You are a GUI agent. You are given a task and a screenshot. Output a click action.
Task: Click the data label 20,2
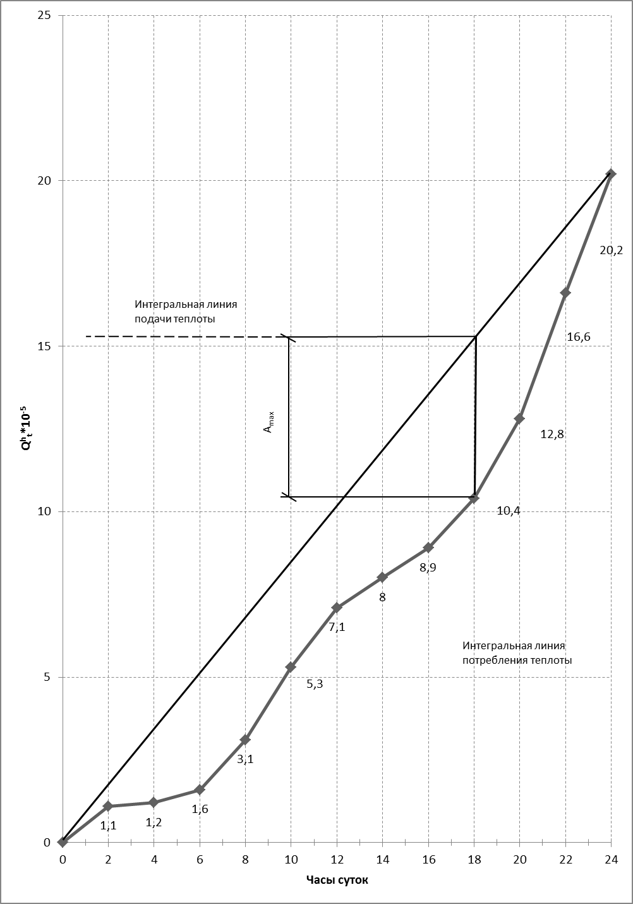click(611, 250)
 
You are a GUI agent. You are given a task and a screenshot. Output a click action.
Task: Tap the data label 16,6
click(578, 337)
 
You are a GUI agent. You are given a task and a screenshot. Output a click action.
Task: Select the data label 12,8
click(552, 434)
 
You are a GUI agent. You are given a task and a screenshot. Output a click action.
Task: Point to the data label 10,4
click(509, 511)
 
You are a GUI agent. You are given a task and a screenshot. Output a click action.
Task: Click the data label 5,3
click(315, 683)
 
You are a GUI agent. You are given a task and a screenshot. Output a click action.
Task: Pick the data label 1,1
click(109, 825)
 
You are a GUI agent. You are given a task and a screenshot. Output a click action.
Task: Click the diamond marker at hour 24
click(611, 173)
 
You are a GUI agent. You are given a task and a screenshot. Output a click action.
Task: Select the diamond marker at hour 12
click(337, 608)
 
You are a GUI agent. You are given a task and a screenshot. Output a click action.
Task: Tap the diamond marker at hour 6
click(200, 790)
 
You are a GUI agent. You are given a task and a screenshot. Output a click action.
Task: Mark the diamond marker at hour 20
click(519, 418)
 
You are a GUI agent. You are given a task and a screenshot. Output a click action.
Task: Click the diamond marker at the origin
click(63, 842)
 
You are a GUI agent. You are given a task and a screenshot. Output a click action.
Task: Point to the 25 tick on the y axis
click(44, 15)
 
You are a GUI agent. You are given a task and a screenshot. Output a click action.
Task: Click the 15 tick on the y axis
click(44, 346)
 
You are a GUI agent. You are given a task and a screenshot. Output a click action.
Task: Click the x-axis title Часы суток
click(337, 880)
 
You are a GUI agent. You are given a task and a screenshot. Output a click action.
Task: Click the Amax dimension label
click(269, 421)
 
